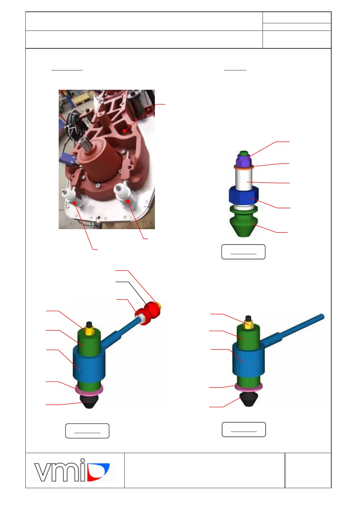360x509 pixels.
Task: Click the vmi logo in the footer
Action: (x=72, y=470)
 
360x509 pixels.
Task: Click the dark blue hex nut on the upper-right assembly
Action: (x=244, y=196)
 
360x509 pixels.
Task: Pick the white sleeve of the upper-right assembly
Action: (x=244, y=180)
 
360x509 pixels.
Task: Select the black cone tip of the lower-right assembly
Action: (x=248, y=400)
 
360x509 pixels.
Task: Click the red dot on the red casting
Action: (x=124, y=131)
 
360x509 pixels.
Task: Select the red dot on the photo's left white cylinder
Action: (x=74, y=203)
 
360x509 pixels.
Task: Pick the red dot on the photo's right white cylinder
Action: (x=128, y=201)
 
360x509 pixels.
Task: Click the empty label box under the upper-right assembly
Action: (x=243, y=252)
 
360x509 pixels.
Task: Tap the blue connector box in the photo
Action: (x=67, y=159)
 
